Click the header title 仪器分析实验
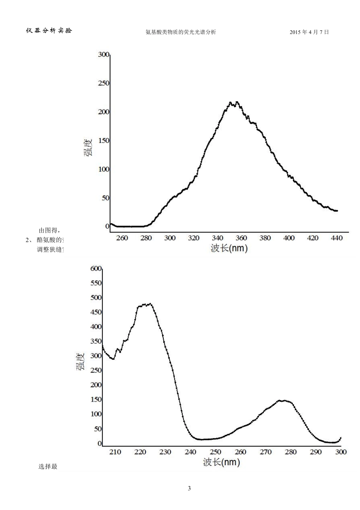pyautogui.click(x=49, y=31)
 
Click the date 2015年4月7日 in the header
pyautogui.click(x=309, y=32)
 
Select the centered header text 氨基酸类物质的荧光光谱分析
pyautogui.click(x=181, y=32)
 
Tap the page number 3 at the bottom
pyautogui.click(x=189, y=488)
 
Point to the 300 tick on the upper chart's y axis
pyautogui.click(x=103, y=55)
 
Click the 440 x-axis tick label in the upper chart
pyautogui.click(x=337, y=238)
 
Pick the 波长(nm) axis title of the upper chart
pyautogui.click(x=229, y=248)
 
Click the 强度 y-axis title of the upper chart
pyautogui.click(x=88, y=148)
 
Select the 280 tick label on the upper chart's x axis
pyautogui.click(x=146, y=238)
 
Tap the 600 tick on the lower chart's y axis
pyautogui.click(x=96, y=269)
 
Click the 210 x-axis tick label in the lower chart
pyautogui.click(x=115, y=452)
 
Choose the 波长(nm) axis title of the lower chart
pyautogui.click(x=222, y=462)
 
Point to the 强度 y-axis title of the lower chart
pyautogui.click(x=81, y=361)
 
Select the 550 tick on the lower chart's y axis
pyautogui.click(x=96, y=283)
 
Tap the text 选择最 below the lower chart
pyautogui.click(x=48, y=466)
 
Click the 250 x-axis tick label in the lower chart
pyautogui.click(x=215, y=452)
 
